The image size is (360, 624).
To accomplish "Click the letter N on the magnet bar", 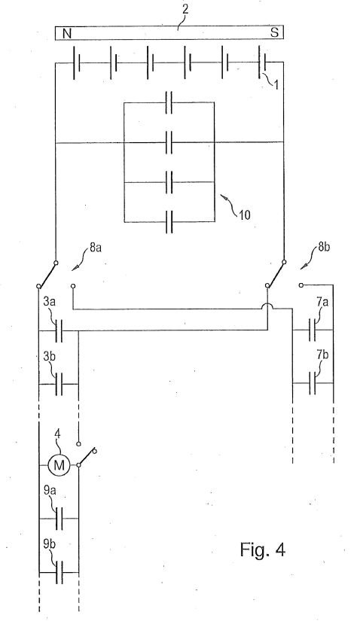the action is (67, 34).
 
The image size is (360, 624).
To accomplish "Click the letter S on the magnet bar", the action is (274, 32).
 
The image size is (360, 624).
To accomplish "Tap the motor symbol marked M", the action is (59, 465).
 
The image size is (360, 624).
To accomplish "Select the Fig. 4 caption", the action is (262, 549).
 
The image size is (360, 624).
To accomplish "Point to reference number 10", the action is (245, 215).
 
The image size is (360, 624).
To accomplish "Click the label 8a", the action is (96, 248).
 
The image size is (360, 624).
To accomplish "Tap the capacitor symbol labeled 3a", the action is (59, 330).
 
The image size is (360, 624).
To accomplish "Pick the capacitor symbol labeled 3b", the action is (59, 385).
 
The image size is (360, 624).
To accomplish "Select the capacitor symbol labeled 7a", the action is (313, 330).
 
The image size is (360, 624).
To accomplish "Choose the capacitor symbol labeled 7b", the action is (313, 383).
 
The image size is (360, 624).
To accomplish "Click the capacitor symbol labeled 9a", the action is (59, 519).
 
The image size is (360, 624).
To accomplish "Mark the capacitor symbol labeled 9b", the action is (59, 572).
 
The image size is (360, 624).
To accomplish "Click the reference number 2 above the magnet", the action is (185, 10).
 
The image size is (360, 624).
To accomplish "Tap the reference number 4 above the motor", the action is (57, 434).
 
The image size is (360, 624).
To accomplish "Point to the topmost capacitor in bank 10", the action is (169, 102).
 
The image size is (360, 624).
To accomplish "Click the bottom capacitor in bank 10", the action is (169, 221).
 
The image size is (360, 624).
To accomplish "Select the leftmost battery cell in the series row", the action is (77, 62).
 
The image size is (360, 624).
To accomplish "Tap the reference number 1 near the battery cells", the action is (276, 84).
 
